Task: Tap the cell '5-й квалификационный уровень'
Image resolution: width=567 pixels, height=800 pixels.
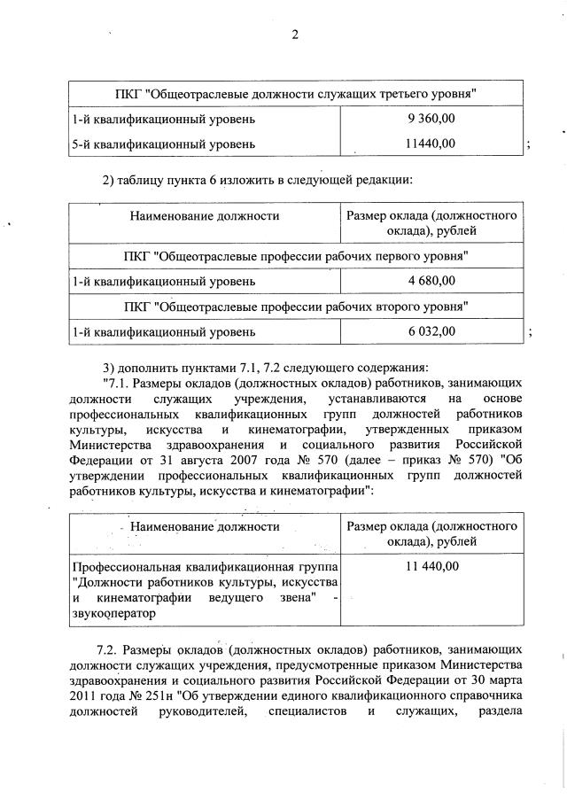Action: coord(164,143)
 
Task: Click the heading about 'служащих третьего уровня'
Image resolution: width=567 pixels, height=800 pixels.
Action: coord(297,93)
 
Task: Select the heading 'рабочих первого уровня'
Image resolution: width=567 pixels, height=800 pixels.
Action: coord(297,255)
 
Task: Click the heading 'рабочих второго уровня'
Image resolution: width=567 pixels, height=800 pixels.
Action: coord(297,307)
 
